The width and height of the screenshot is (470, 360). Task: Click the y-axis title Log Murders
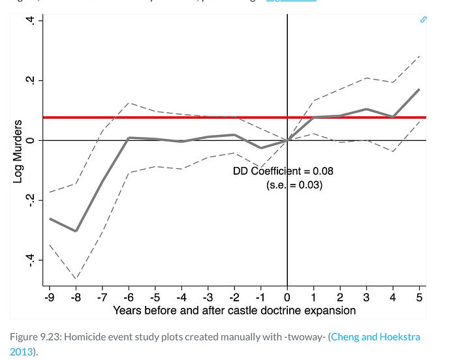tap(18, 151)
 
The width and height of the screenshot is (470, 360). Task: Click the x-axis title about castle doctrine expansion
tap(234, 310)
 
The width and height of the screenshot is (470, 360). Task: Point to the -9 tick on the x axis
tap(49, 297)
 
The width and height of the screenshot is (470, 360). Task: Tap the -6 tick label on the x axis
tap(129, 297)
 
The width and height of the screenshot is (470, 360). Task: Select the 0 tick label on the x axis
tap(287, 297)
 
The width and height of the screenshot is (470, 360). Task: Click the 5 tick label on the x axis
tap(419, 297)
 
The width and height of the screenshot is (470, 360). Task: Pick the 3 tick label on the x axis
tap(366, 297)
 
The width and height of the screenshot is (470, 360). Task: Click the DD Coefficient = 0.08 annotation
tap(283, 172)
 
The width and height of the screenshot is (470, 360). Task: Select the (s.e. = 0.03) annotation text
tap(294, 185)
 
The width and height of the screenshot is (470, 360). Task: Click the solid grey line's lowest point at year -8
tap(76, 231)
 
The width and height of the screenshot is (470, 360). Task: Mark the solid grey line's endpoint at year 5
tap(419, 89)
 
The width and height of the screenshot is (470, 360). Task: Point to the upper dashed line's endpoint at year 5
tap(419, 56)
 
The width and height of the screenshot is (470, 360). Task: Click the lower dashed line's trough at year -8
tap(76, 279)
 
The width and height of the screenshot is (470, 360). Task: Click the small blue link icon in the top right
tap(423, 20)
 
